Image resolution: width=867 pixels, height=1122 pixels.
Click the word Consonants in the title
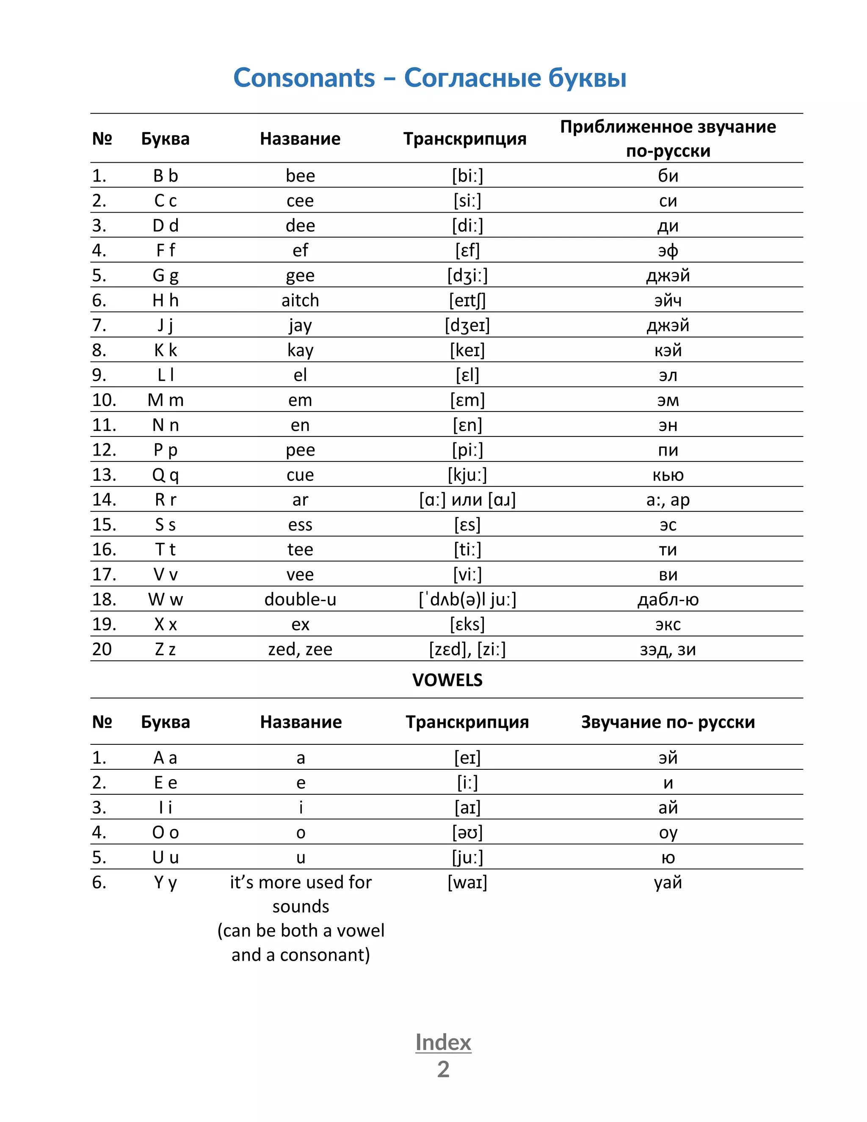[304, 78]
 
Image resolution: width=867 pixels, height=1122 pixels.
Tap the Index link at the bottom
[443, 1042]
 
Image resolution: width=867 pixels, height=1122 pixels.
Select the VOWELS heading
[447, 680]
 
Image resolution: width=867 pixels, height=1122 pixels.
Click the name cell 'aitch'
[300, 301]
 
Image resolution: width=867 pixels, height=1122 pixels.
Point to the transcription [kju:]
[467, 475]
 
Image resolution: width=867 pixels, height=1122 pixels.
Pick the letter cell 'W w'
[166, 600]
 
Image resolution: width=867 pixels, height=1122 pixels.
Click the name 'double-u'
[300, 600]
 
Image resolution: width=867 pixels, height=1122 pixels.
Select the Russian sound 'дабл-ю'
[668, 600]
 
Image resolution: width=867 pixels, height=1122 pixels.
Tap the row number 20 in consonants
[102, 649]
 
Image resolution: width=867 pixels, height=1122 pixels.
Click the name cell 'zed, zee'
[300, 649]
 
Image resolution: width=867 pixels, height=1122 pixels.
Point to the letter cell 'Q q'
[166, 475]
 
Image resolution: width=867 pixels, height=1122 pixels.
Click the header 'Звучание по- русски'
[668, 722]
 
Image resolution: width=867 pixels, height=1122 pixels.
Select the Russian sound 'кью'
[668, 475]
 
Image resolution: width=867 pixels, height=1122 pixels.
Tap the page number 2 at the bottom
[443, 1069]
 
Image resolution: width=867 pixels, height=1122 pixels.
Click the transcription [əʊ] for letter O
[467, 833]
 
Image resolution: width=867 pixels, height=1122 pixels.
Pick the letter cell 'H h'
[166, 301]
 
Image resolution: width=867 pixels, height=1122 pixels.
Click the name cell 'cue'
[300, 475]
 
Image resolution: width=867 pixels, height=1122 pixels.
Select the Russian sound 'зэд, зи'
[668, 650]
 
